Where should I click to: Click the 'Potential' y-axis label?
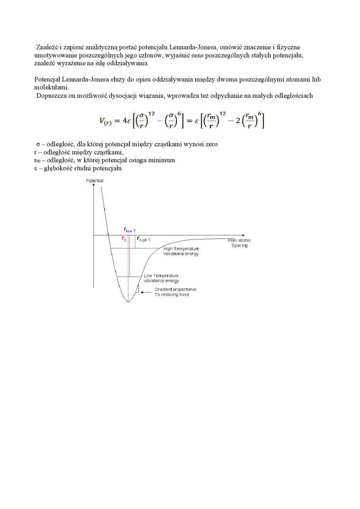pyautogui.click(x=94, y=181)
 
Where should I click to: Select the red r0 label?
pyautogui.click(x=124, y=239)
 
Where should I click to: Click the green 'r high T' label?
pyautogui.click(x=144, y=239)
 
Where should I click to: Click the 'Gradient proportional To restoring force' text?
pyautogui.click(x=175, y=292)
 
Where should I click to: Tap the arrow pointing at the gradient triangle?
pyautogui.click(x=145, y=291)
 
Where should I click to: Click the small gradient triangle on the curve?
pyautogui.click(x=136, y=289)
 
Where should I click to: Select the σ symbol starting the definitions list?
pyautogui.click(x=37, y=144)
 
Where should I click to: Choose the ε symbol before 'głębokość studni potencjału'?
pyautogui.click(x=36, y=168)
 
